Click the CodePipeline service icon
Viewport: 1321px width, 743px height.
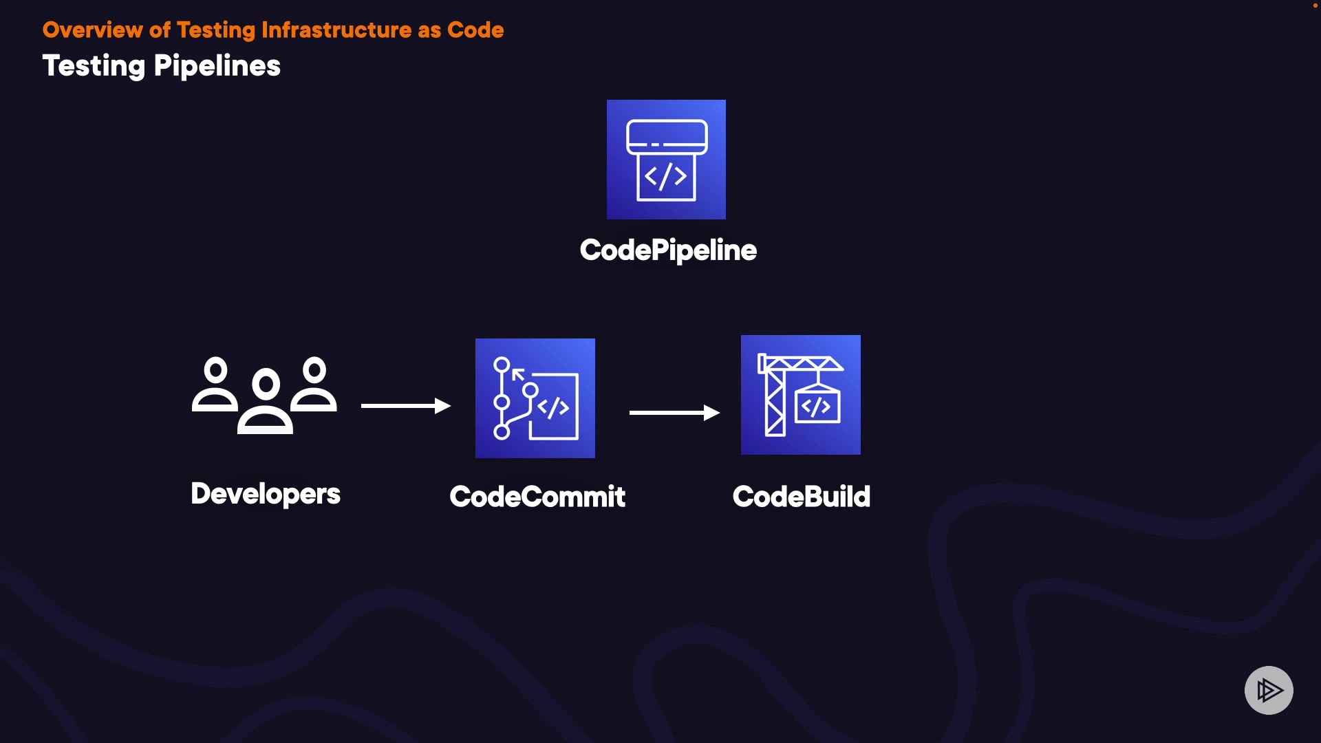[666, 160]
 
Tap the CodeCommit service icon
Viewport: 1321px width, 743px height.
[535, 398]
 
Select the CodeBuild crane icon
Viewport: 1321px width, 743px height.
[800, 395]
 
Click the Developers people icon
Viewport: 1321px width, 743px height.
[265, 395]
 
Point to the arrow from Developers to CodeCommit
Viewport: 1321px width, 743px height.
[405, 406]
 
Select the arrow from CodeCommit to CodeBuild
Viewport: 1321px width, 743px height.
[674, 413]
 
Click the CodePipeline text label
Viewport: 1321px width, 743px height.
[668, 250]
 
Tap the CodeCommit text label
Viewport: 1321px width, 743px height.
[537, 497]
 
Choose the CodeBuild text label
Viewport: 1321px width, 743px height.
[802, 497]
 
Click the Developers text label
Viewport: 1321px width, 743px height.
[266, 494]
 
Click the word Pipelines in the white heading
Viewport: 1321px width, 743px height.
[217, 67]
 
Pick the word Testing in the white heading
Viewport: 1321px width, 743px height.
[94, 67]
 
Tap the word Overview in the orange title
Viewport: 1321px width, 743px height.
[92, 30]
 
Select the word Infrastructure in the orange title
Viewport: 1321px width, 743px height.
[336, 30]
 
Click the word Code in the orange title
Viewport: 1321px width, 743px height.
[475, 30]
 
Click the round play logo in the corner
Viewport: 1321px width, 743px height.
[1269, 690]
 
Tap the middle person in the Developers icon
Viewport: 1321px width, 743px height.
[266, 402]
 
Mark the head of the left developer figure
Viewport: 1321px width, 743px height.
[215, 370]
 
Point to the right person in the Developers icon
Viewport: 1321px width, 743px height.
[314, 385]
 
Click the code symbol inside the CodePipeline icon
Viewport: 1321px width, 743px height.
[665, 177]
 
